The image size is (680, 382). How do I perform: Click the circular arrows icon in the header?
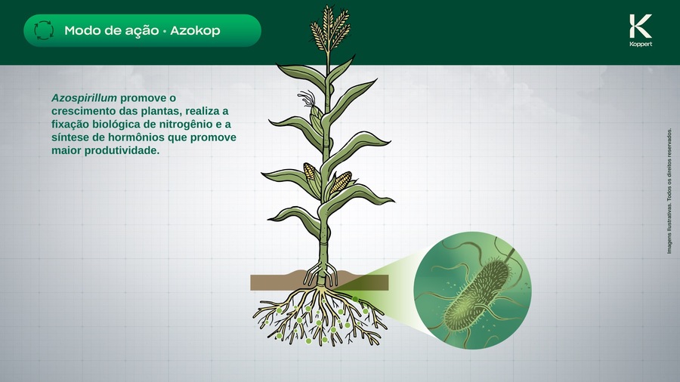(45, 31)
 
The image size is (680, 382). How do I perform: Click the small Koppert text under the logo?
(640, 45)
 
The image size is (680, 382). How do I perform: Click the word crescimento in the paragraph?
(82, 111)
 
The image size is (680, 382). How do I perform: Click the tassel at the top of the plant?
(329, 27)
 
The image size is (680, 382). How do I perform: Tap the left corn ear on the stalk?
(311, 171)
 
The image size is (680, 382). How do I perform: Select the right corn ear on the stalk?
(340, 181)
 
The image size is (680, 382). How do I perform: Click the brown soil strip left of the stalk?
(280, 282)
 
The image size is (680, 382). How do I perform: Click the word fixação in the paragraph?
(70, 124)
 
